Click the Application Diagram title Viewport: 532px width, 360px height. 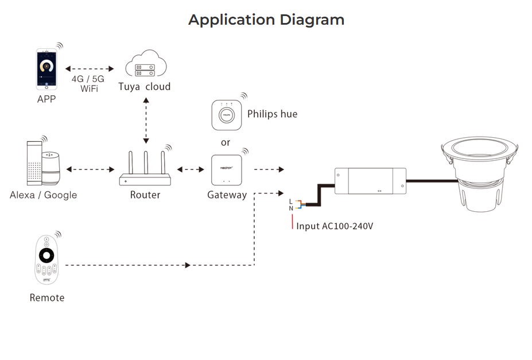point(266,20)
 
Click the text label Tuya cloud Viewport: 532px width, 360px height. point(145,87)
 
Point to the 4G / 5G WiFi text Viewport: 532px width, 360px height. point(88,83)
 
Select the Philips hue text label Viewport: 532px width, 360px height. point(272,114)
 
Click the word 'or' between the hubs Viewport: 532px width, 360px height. point(226,142)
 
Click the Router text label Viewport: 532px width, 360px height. point(145,195)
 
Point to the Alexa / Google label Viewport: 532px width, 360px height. point(43,195)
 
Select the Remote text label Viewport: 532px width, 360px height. point(47,297)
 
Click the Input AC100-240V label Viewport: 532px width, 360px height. point(335,226)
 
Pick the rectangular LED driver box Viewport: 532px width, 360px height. point(370,181)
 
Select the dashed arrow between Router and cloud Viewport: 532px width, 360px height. point(146,120)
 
